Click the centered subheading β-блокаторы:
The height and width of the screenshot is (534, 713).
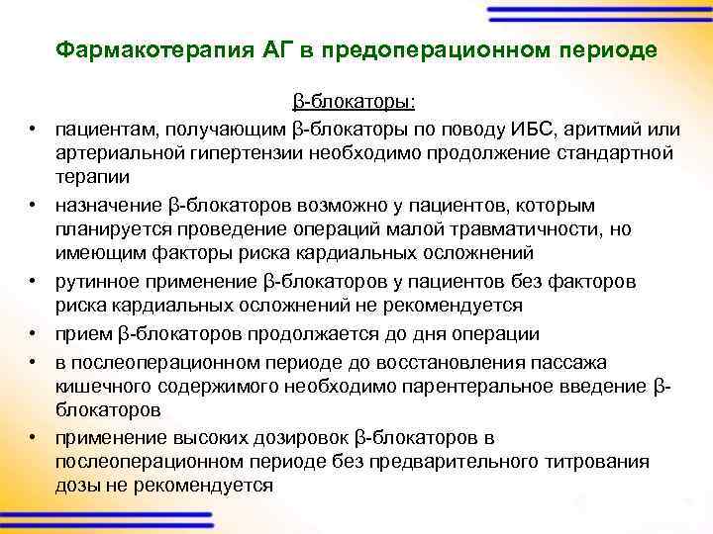355,102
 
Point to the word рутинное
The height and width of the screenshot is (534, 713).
96,282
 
